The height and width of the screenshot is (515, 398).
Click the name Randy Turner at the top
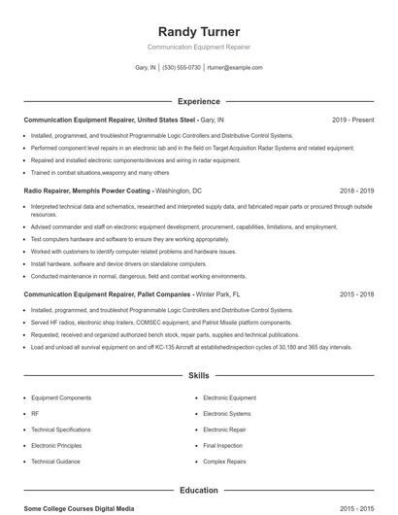coord(198,31)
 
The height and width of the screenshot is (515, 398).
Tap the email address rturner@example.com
coord(236,68)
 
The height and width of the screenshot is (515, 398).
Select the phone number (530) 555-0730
coord(182,68)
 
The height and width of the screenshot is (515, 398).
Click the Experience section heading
coord(198,101)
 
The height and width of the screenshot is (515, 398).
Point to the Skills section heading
coord(198,375)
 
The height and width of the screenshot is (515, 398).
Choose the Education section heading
coord(198,491)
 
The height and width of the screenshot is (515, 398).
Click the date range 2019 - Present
coord(352,120)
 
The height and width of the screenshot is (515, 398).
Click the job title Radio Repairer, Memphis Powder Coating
coord(88,191)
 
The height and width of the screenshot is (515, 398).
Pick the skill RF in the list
coord(35,413)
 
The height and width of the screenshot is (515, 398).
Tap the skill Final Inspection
coord(222,444)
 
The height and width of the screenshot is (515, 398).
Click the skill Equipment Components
coord(61,397)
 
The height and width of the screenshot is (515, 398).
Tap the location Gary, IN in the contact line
coord(146,68)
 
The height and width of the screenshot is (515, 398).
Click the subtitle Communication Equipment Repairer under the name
coord(198,47)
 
